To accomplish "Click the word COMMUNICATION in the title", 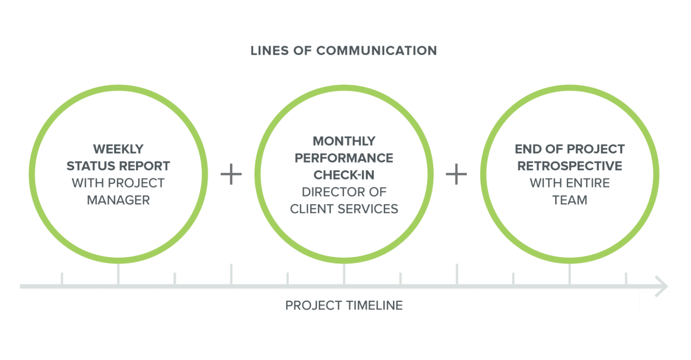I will (376, 50).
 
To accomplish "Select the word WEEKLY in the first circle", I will (118, 149).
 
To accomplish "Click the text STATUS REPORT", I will (118, 166).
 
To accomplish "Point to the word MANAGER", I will (118, 200).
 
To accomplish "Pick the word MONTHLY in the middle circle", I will (344, 141).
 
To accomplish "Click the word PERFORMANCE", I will (344, 158).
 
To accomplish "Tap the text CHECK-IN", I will (344, 175).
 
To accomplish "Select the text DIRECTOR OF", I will (344, 192).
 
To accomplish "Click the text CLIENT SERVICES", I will (344, 209).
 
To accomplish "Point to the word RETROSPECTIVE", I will (569, 166).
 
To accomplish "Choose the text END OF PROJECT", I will (569, 149).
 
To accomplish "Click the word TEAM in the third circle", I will (569, 200).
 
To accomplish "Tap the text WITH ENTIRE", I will (569, 183).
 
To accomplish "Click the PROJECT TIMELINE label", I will (344, 306).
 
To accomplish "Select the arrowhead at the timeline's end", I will (662, 286).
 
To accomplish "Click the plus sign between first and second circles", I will (231, 174).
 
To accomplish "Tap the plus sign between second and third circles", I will (456, 174).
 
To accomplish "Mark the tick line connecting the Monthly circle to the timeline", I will (344, 273).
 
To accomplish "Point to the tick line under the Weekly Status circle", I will (118, 273).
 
